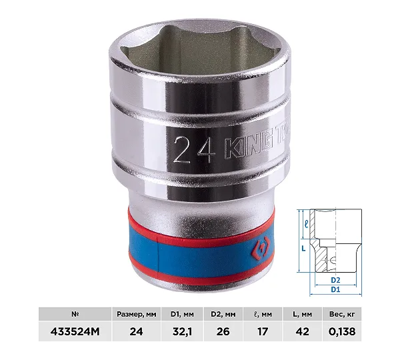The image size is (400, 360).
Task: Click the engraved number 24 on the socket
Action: click(194, 149)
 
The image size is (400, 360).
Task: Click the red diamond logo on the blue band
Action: click(258, 249)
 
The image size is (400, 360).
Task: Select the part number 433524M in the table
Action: click(75, 332)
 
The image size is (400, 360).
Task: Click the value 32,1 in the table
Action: click(182, 332)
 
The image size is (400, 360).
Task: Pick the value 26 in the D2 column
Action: click(223, 332)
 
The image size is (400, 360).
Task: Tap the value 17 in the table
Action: click(263, 332)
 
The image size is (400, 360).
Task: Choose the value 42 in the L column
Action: click(302, 332)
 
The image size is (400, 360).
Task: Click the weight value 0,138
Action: click(342, 332)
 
